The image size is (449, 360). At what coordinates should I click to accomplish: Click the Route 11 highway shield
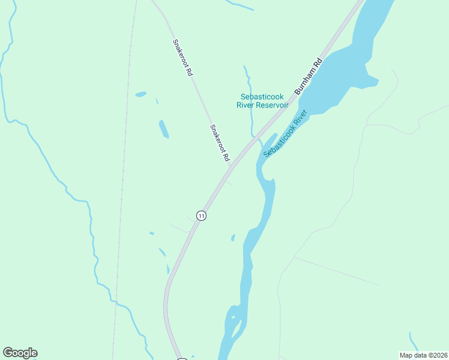point(202,215)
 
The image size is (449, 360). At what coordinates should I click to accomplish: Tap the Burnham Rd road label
point(309,76)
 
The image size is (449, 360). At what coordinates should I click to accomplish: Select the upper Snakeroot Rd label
point(182,58)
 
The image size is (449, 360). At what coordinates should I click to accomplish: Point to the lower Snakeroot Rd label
point(220,143)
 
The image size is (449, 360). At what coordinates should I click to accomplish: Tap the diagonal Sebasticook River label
point(285,133)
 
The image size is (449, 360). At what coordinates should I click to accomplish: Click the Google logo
point(20,353)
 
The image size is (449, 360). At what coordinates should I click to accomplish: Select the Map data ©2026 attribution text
point(423,355)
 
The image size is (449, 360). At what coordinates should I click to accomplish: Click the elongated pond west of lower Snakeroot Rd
point(163,128)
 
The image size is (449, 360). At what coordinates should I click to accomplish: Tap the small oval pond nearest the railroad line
point(140,94)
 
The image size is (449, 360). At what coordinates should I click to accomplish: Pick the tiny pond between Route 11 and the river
point(233,238)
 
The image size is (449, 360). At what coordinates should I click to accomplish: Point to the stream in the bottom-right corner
point(414,342)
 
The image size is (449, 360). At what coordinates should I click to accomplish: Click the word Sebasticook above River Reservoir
point(262,97)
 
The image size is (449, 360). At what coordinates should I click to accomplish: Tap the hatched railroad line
point(123,180)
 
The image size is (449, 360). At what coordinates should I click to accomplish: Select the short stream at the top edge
point(240,5)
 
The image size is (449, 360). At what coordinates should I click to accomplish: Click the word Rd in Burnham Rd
point(318,63)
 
